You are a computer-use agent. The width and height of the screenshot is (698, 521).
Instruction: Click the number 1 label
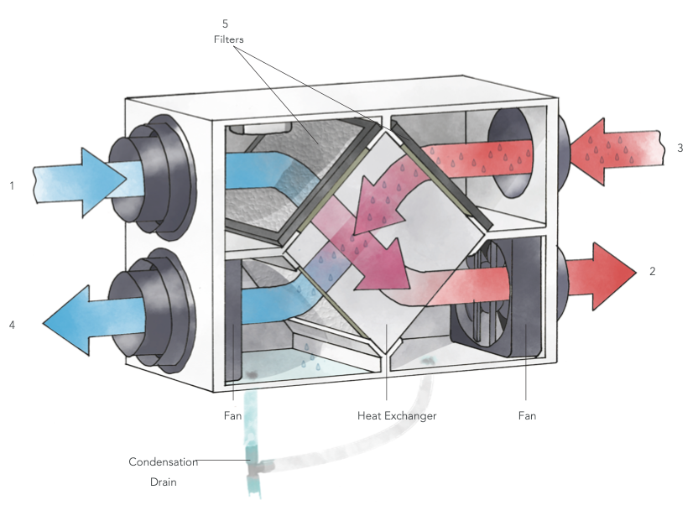tap(12, 185)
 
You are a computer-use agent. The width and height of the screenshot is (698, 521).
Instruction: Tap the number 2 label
tap(652, 272)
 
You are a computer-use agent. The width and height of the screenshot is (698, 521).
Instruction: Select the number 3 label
tap(680, 148)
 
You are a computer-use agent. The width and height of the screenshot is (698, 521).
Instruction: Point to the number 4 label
tap(12, 324)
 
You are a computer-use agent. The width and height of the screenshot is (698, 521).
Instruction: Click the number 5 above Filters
tap(225, 23)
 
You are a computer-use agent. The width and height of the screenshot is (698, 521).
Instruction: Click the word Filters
tap(226, 39)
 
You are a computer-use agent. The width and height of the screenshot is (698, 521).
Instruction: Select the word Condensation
tap(163, 461)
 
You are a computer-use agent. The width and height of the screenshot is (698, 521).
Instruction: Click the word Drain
tap(163, 482)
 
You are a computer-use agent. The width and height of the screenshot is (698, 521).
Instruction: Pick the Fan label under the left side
tap(232, 415)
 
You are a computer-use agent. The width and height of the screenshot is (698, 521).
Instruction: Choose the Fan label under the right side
tap(526, 415)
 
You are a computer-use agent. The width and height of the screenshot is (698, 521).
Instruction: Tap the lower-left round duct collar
tap(159, 310)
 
